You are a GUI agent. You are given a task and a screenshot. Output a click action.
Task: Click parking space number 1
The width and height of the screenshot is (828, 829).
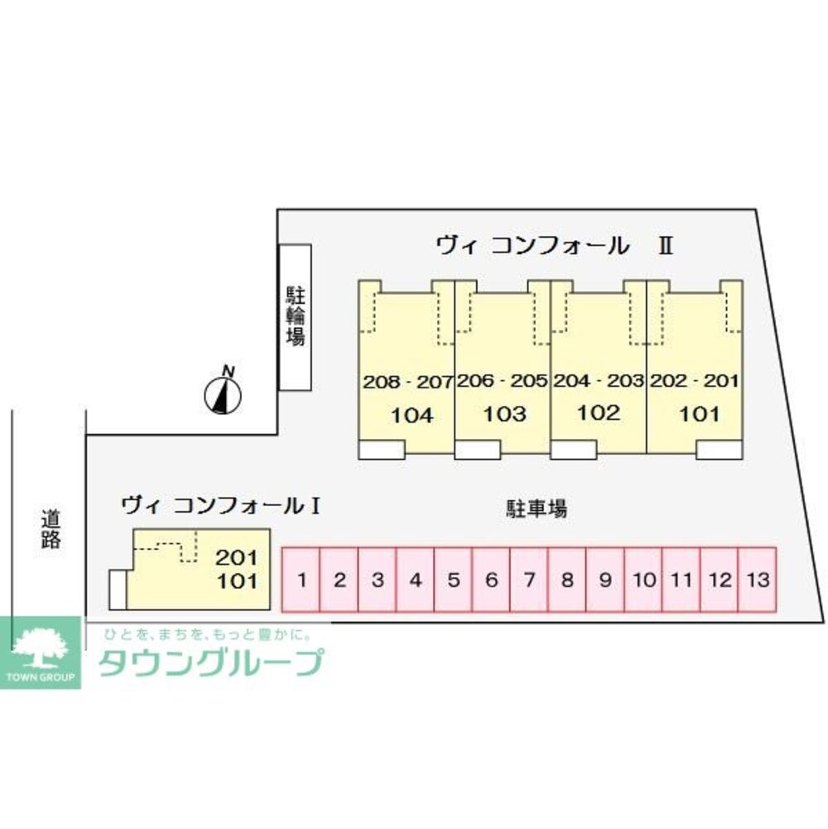tap(302, 580)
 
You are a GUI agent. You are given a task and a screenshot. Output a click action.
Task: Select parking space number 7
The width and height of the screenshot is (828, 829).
tap(528, 580)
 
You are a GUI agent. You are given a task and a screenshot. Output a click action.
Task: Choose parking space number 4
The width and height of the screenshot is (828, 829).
tap(416, 580)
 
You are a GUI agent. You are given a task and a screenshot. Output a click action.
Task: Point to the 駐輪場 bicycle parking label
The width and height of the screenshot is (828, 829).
tap(295, 316)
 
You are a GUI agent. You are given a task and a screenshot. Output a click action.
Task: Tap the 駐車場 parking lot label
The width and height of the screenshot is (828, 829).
tap(537, 508)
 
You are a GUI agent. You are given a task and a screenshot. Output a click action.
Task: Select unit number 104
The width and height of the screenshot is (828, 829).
tap(412, 415)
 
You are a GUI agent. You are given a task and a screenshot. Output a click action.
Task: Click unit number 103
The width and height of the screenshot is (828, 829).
tap(504, 414)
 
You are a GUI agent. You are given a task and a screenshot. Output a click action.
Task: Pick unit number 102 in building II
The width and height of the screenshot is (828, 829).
tap(598, 413)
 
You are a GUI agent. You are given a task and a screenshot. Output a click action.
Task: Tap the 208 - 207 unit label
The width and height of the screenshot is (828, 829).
tap(407, 382)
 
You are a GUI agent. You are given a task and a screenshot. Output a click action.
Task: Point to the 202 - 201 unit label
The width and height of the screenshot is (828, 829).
tap(694, 382)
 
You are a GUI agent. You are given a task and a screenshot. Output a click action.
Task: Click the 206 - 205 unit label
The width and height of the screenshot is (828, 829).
tap(502, 382)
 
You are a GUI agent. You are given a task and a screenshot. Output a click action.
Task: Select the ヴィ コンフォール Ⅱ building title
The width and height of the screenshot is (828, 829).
tap(554, 245)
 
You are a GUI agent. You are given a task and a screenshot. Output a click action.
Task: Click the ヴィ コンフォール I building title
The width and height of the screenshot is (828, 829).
tap(221, 504)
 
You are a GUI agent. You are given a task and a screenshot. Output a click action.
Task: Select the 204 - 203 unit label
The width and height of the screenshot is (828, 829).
tap(598, 382)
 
